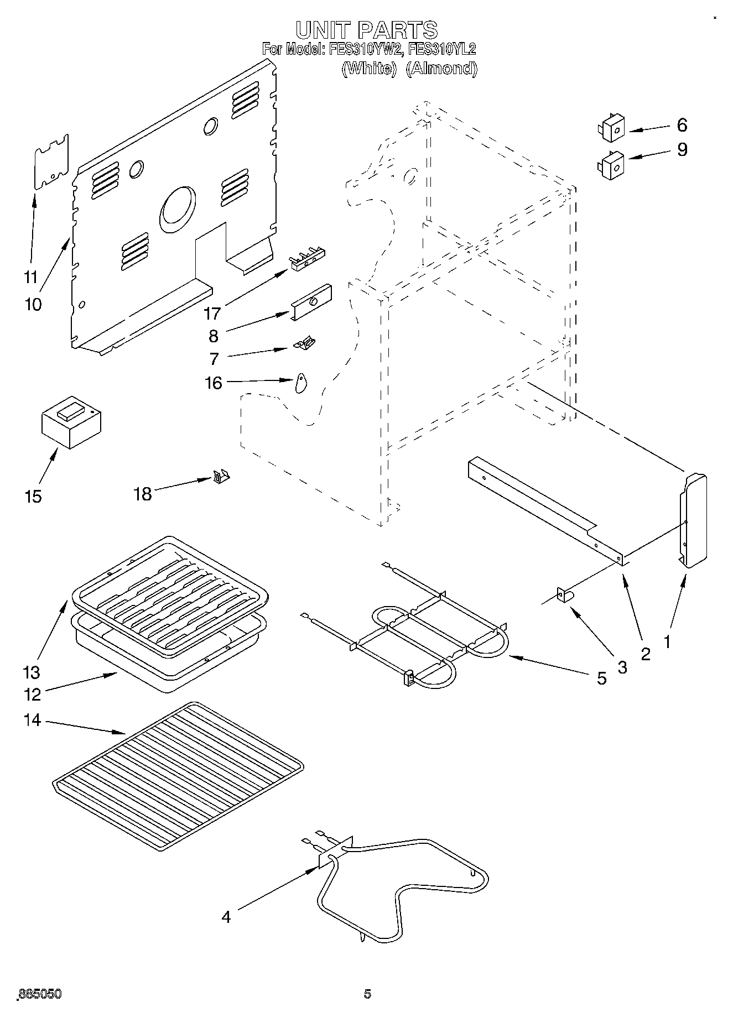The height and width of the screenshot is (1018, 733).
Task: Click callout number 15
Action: (33, 496)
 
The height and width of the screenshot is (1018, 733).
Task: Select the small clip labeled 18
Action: (221, 476)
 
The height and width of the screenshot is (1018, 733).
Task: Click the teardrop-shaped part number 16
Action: (300, 383)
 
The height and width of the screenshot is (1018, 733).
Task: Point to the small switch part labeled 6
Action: (611, 128)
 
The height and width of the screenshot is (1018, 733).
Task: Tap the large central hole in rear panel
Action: (178, 209)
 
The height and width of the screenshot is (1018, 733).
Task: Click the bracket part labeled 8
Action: (311, 301)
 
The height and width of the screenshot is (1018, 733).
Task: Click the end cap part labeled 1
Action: (693, 520)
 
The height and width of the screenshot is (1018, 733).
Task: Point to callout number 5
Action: (602, 678)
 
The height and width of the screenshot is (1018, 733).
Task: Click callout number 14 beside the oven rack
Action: (33, 720)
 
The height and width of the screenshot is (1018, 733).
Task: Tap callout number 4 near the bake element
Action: (226, 917)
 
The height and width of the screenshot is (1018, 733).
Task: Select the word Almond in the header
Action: (441, 69)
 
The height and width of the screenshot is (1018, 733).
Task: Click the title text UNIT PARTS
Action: (366, 29)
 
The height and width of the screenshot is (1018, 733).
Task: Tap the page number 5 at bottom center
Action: (367, 994)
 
